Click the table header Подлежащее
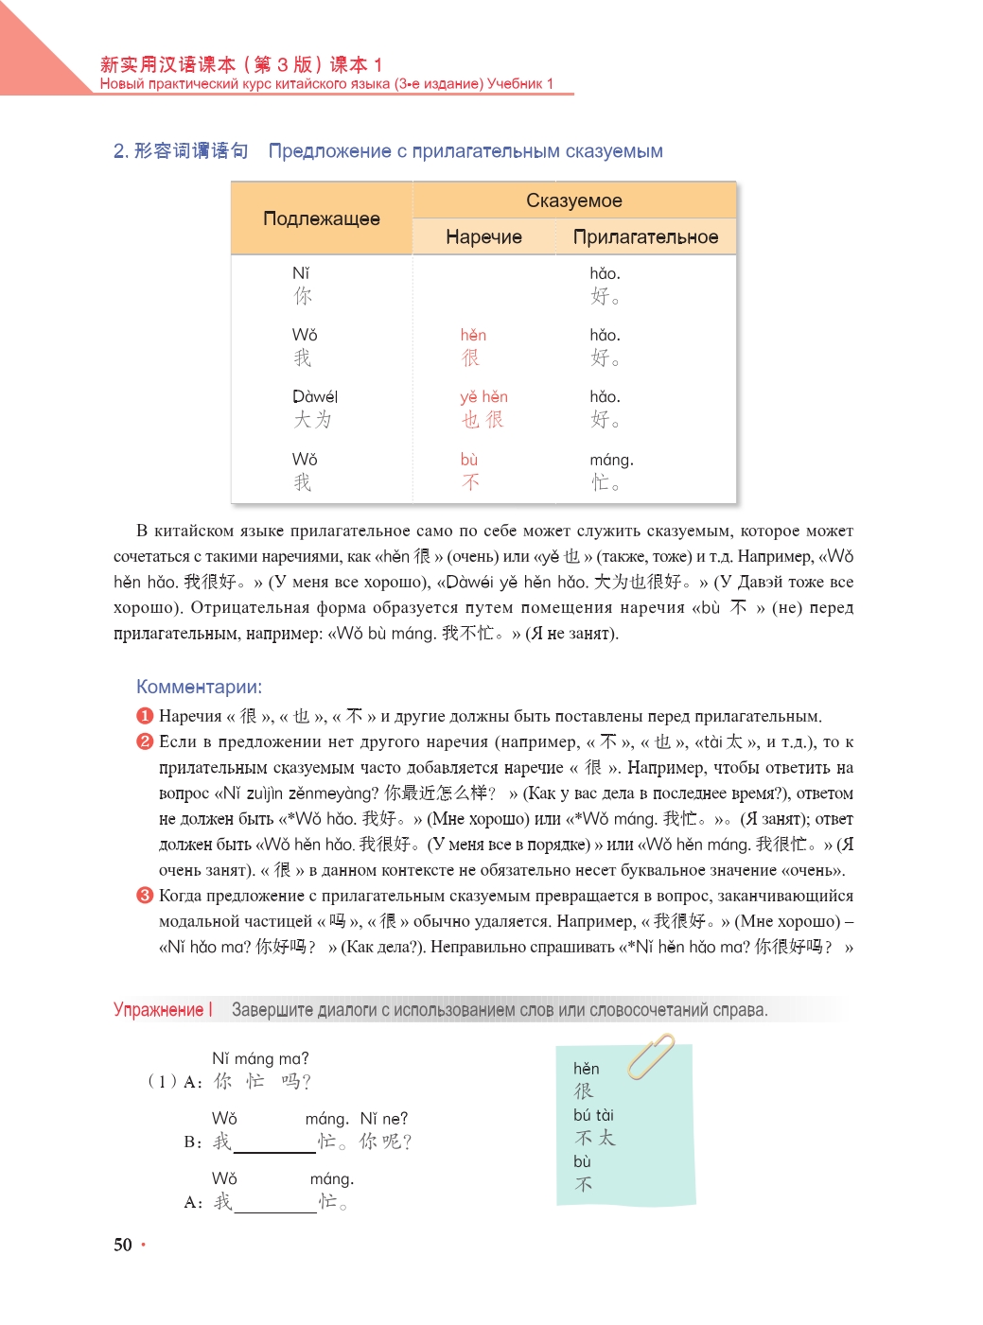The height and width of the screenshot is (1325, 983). pyautogui.click(x=322, y=218)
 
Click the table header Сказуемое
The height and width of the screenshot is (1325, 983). pyautogui.click(x=573, y=200)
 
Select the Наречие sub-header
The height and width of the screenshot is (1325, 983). pyautogui.click(x=483, y=236)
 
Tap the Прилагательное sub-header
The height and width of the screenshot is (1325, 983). pyautogui.click(x=645, y=236)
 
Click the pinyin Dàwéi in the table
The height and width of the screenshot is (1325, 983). pyautogui.click(x=315, y=396)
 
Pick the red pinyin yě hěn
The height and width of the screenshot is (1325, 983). pyautogui.click(x=483, y=396)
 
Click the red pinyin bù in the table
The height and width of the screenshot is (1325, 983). pyautogui.click(x=469, y=460)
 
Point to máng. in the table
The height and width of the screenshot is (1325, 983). pyautogui.click(x=611, y=460)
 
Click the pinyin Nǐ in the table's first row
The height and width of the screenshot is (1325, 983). pyautogui.click(x=301, y=273)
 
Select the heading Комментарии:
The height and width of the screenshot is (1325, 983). pyautogui.click(x=199, y=687)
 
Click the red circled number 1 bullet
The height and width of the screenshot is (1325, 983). pyautogui.click(x=145, y=716)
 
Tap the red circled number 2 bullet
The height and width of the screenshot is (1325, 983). pyautogui.click(x=145, y=741)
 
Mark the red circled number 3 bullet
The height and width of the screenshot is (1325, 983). pyautogui.click(x=145, y=895)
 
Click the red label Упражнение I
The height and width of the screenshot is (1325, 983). pyautogui.click(x=163, y=1010)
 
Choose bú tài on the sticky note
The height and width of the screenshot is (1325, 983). pyautogui.click(x=593, y=1115)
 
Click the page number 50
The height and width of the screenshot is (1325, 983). pyautogui.click(x=123, y=1245)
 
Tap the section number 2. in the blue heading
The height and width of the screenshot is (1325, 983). pyautogui.click(x=121, y=151)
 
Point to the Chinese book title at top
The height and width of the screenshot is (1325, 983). pyautogui.click(x=241, y=64)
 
